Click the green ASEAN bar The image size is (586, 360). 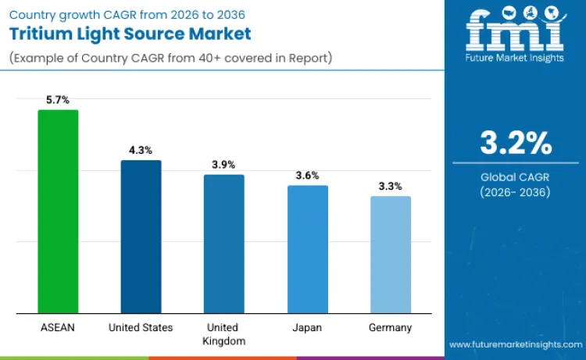(x=58, y=212)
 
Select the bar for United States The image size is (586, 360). (x=141, y=237)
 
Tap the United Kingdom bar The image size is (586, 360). (x=223, y=244)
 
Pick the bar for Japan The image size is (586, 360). (x=307, y=249)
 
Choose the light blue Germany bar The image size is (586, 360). (x=390, y=255)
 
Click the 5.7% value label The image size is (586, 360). (x=58, y=100)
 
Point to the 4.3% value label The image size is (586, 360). (x=141, y=150)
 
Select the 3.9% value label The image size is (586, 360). (x=223, y=165)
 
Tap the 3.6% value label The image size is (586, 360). (x=307, y=176)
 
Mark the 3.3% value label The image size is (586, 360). (x=390, y=186)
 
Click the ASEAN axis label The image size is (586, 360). (x=58, y=327)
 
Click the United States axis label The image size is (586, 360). (x=141, y=327)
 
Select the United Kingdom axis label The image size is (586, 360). (x=223, y=334)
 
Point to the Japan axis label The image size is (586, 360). (x=307, y=327)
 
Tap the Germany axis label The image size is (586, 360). (x=390, y=327)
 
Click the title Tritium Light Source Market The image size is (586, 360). (x=130, y=34)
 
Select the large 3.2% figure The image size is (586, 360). (x=515, y=144)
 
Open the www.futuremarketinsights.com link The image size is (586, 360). (x=515, y=344)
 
